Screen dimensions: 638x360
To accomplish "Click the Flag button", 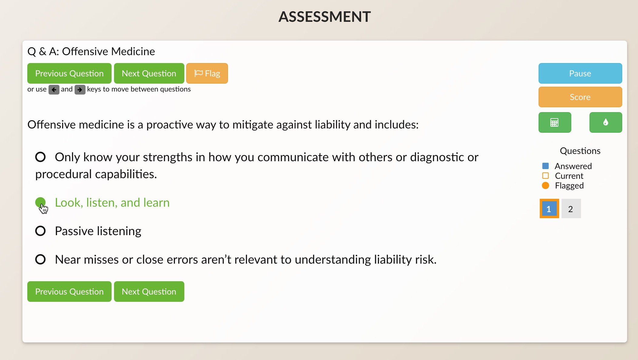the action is [x=207, y=73].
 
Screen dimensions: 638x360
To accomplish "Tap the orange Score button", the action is [x=580, y=97].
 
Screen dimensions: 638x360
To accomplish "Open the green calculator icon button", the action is [x=555, y=122].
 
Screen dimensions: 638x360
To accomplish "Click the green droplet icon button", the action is [x=606, y=122].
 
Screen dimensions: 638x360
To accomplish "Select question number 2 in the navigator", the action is [x=571, y=208].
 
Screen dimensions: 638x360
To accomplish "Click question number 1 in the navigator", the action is [x=549, y=208].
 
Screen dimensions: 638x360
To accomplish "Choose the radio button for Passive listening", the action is [x=40, y=231].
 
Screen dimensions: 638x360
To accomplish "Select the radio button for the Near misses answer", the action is [x=40, y=259].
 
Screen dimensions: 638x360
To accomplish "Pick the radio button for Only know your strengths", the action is [x=40, y=157].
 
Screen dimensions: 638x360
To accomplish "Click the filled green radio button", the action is [x=40, y=202].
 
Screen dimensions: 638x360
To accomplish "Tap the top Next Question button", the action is [x=149, y=73].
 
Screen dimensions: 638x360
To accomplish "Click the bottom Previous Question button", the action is [x=69, y=292].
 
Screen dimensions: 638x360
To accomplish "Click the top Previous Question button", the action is [x=69, y=73].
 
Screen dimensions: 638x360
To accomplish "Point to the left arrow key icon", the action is [x=54, y=90].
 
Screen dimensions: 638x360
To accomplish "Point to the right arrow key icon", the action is [x=80, y=90].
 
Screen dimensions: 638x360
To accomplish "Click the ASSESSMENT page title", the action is [x=324, y=17].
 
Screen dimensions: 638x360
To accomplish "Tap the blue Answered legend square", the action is [x=545, y=166].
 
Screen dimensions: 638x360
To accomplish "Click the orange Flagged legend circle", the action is [x=545, y=185].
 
